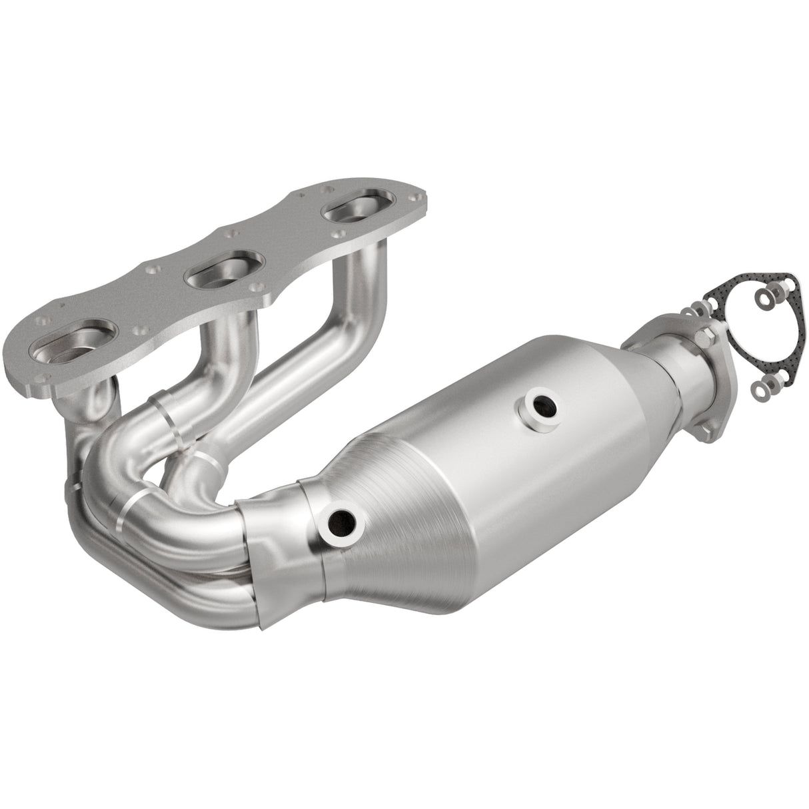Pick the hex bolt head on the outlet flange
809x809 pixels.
tap(704, 335)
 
